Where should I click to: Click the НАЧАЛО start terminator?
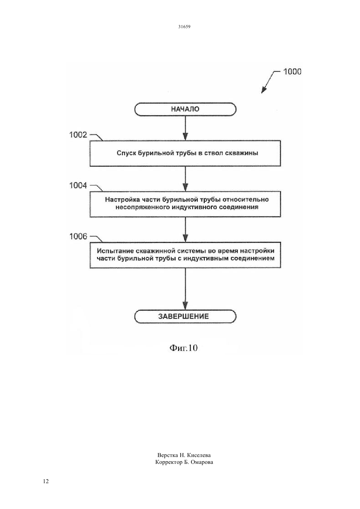pos(185,109)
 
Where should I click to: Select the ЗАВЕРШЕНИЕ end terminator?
pos(185,316)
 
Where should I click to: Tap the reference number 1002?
pos(78,135)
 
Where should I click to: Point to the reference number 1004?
pos(78,186)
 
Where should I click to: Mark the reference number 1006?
pos(78,237)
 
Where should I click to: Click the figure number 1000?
pos(292,72)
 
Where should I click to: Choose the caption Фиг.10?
pos(184,348)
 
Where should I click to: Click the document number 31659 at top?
pos(184,26)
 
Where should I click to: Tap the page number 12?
pos(46,481)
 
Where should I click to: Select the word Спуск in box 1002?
pos(126,153)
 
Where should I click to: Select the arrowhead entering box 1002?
pos(186,136)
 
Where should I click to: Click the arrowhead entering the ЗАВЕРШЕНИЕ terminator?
pos(186,306)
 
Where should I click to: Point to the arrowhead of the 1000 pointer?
pos(263,90)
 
